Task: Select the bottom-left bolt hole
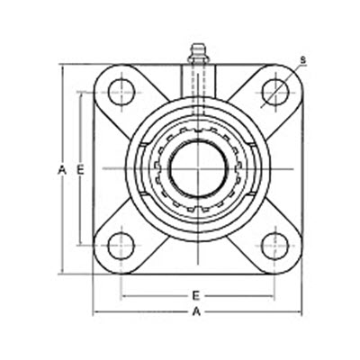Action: (x=121, y=243)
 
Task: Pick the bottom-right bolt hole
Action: (x=274, y=243)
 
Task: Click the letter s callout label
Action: (x=302, y=59)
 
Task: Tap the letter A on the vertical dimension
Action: (x=61, y=169)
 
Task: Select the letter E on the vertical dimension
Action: (x=80, y=169)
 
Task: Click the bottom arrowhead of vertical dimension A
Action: (x=61, y=270)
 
